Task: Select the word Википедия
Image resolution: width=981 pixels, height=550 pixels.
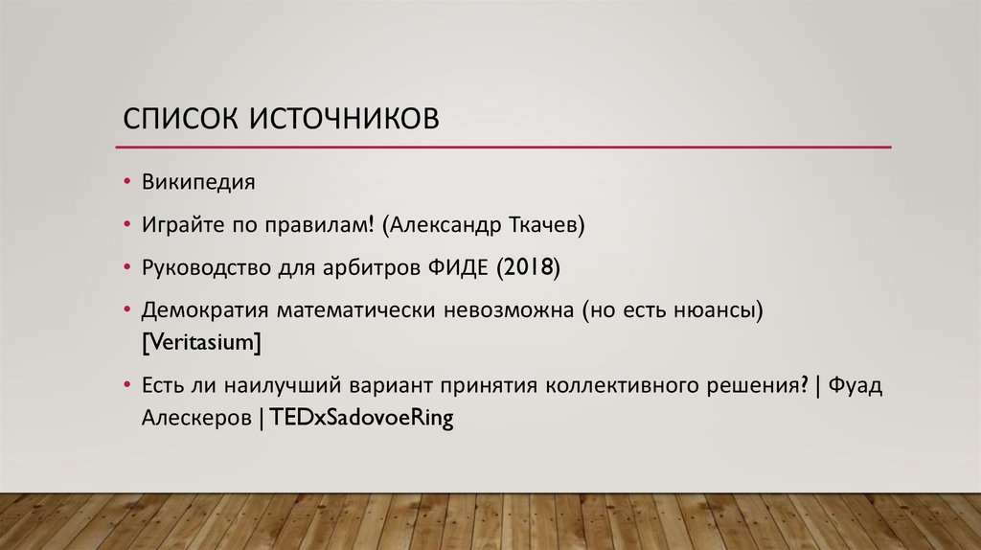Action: [199, 182]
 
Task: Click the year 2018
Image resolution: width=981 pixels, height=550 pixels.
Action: [527, 267]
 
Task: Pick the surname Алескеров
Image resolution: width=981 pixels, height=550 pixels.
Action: [196, 418]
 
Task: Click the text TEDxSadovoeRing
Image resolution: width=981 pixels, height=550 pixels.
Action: [361, 418]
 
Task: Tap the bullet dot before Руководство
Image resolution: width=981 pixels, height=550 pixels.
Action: [127, 268]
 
